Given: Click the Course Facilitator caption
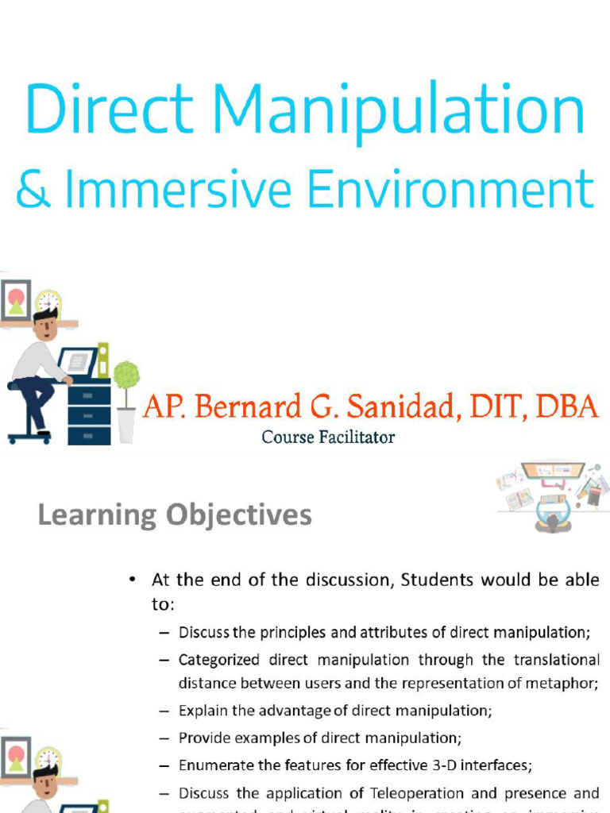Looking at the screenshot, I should [x=328, y=437].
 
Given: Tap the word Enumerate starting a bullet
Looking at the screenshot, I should [x=215, y=765].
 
